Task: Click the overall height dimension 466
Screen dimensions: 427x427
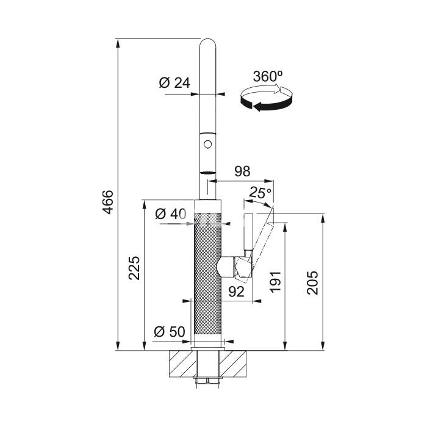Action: [109, 203]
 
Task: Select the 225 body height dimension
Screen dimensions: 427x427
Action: [134, 268]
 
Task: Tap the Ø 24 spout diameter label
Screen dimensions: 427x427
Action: [174, 82]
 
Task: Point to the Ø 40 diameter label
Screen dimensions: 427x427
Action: [170, 213]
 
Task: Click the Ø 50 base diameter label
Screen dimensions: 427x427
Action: [170, 331]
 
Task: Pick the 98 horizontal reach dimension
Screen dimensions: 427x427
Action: [242, 171]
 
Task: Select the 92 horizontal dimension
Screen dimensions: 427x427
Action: [236, 292]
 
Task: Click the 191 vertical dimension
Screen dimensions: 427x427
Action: [275, 282]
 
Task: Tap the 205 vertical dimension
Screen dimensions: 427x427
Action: [312, 282]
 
